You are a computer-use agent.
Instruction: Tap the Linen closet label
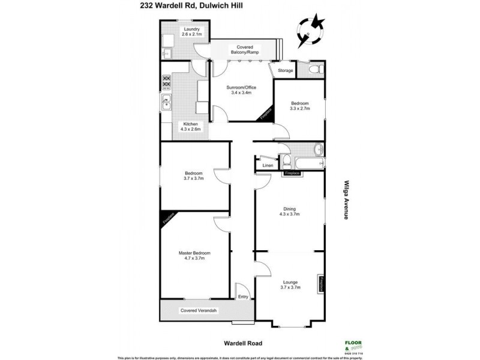click(268, 165)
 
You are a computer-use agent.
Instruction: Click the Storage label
click(286, 70)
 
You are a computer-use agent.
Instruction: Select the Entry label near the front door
click(243, 296)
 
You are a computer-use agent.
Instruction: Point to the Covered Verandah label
click(199, 310)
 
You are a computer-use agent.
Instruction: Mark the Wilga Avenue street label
click(346, 200)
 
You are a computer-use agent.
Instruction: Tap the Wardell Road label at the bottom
click(240, 344)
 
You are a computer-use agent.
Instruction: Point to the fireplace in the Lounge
click(321, 284)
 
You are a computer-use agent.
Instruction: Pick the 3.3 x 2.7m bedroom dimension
click(299, 109)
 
